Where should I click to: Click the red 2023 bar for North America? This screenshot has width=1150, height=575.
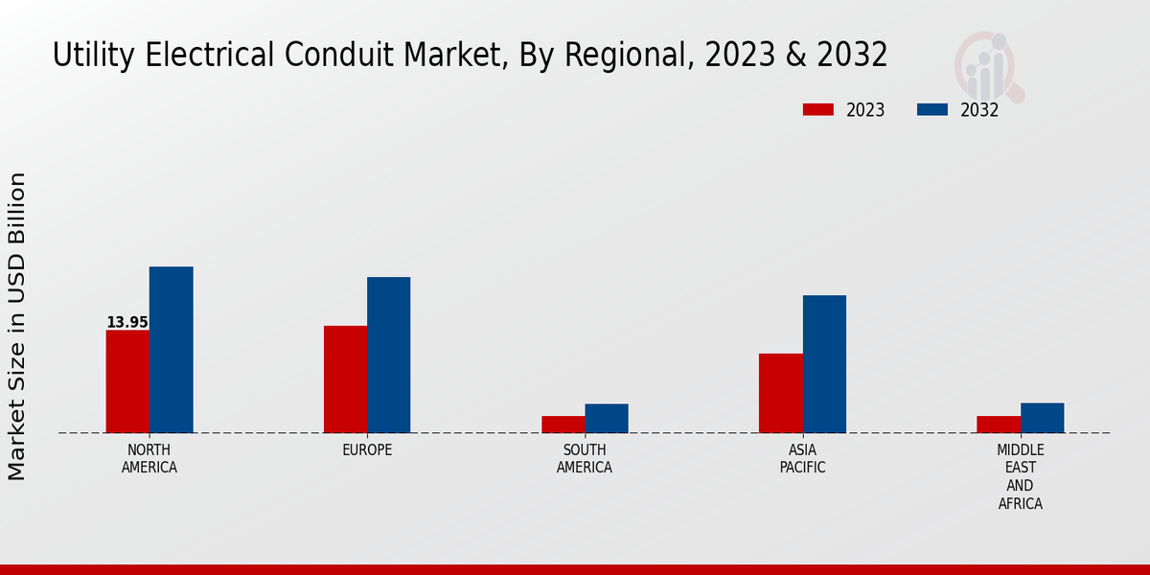(x=127, y=381)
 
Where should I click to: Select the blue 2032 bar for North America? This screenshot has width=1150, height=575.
(x=171, y=350)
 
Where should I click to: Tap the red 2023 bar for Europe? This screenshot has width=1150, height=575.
(x=345, y=379)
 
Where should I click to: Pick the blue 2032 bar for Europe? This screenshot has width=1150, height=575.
(x=388, y=355)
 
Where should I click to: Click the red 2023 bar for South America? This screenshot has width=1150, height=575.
(x=563, y=425)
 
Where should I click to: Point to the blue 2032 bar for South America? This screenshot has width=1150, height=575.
(x=607, y=419)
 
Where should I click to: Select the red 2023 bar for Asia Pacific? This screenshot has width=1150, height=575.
(x=780, y=393)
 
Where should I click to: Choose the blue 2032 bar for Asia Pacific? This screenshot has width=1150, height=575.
(x=824, y=364)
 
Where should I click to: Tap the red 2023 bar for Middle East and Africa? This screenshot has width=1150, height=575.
(x=999, y=425)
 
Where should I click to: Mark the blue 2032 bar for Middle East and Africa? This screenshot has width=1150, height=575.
(x=1042, y=418)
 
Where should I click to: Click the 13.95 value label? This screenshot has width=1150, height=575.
(x=127, y=323)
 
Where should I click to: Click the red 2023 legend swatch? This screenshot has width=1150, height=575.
(x=818, y=109)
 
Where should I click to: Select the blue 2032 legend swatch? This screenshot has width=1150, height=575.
(x=932, y=109)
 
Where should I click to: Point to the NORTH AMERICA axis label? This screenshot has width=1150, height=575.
(x=149, y=459)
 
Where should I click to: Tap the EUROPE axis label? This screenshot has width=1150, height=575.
(x=367, y=450)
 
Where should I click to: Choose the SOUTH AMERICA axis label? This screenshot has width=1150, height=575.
(x=585, y=459)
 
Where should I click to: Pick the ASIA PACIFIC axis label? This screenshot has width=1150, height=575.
(x=802, y=459)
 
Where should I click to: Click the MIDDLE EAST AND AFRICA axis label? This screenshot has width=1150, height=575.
(x=1020, y=476)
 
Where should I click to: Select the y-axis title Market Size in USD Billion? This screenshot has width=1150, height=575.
(x=17, y=326)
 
